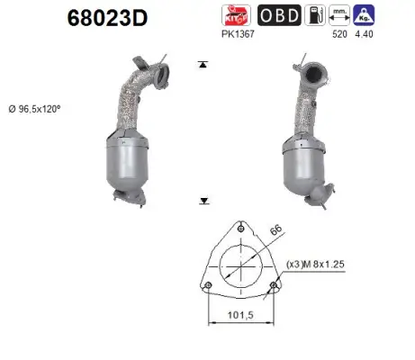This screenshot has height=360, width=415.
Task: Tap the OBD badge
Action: click(279, 15)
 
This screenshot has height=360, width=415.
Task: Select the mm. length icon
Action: click(339, 15)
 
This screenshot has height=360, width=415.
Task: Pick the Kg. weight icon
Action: click(365, 15)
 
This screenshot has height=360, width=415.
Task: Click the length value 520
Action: click(339, 35)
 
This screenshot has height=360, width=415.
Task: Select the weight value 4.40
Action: click(365, 35)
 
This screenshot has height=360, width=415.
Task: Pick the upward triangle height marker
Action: click(205, 66)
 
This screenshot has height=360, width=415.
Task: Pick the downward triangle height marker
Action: click(205, 202)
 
